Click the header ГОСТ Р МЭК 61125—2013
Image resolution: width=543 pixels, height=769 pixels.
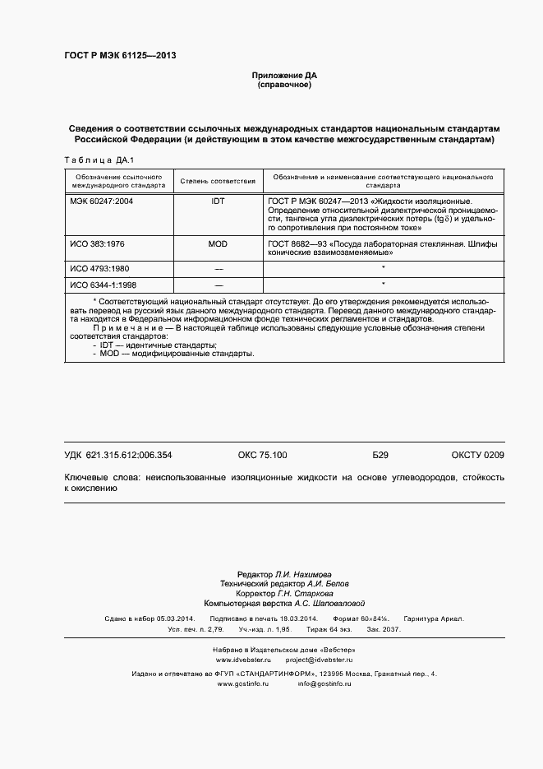click(120, 56)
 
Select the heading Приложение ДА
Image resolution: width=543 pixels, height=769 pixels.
click(284, 76)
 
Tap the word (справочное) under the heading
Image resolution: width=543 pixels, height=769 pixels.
click(284, 85)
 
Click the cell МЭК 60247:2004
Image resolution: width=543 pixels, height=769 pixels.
click(101, 202)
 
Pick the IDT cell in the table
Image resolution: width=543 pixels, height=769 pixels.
click(218, 202)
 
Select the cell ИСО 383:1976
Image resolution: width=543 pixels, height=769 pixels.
click(98, 244)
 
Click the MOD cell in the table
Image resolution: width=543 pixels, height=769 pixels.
click(218, 244)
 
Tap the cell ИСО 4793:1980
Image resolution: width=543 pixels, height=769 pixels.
click(99, 269)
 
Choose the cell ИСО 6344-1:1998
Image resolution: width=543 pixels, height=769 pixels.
click(103, 285)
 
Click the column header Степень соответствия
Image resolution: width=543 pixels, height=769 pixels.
click(218, 181)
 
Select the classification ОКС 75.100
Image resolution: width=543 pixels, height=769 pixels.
click(262, 455)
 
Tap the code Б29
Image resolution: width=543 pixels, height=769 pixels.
click(380, 455)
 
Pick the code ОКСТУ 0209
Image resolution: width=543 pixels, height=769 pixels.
click(478, 455)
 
